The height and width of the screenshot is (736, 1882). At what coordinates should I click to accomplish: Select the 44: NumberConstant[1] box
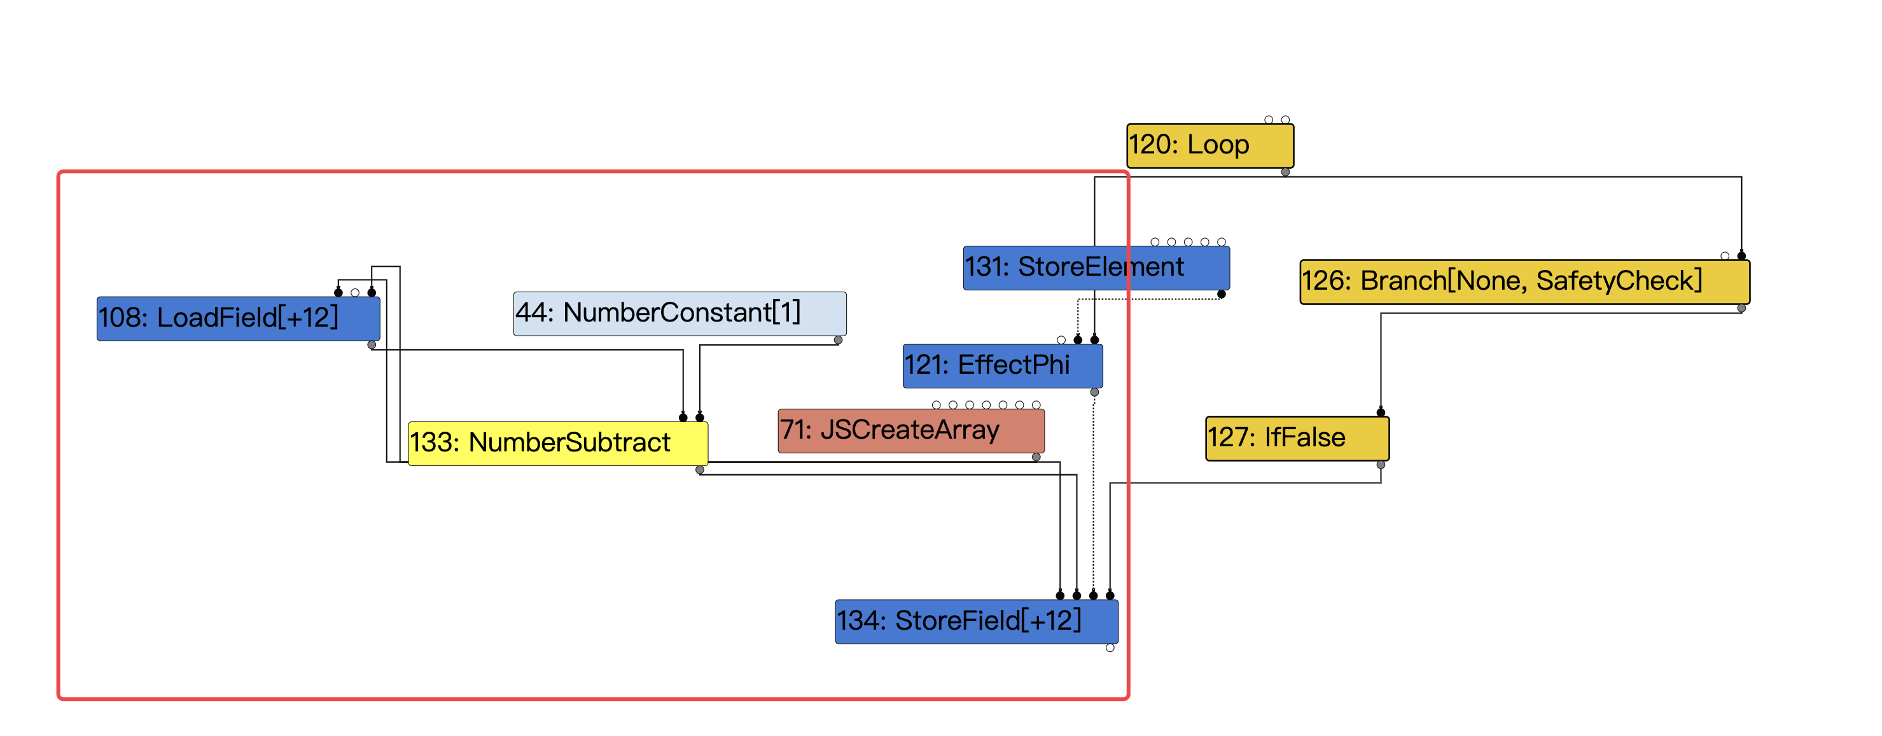tap(680, 313)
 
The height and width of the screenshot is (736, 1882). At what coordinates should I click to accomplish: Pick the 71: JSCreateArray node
tap(910, 430)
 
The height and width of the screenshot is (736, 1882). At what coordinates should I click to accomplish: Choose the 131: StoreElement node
tap(1096, 267)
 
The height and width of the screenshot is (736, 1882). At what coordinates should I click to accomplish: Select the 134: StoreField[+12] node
tap(976, 621)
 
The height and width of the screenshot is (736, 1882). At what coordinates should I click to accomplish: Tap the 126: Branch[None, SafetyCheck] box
tap(1524, 281)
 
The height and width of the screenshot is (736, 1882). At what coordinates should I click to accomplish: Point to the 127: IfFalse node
tap(1297, 439)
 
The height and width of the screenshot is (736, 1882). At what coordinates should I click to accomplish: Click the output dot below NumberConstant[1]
tap(838, 341)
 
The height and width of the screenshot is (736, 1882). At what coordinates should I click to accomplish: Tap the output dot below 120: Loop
tap(1285, 173)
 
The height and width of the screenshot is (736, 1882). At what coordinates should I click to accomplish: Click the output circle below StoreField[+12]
tap(1110, 648)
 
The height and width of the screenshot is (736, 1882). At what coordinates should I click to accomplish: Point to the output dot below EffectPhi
tap(1094, 392)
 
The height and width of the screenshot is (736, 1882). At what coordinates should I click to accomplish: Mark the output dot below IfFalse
tap(1381, 465)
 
